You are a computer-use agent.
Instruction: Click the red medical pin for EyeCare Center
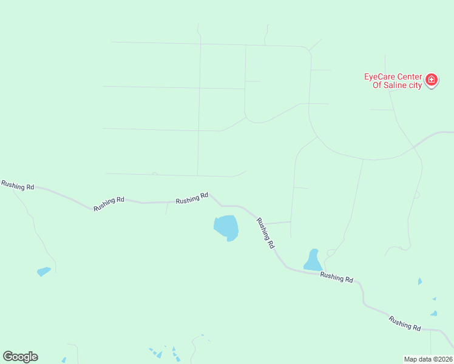pyautogui.click(x=432, y=80)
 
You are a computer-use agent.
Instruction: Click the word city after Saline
pyautogui.click(x=415, y=86)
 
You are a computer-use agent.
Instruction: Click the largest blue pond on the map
pyautogui.click(x=226, y=227)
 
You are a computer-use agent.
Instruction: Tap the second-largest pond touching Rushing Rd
pyautogui.click(x=313, y=261)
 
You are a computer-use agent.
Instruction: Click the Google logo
pyautogui.click(x=20, y=357)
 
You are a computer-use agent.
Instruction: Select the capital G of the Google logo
pyautogui.click(x=8, y=357)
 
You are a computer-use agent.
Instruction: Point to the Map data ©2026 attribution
pyautogui.click(x=428, y=359)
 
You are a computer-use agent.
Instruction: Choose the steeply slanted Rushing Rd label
pyautogui.click(x=266, y=234)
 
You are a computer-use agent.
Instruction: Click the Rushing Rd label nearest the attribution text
pyautogui.click(x=405, y=323)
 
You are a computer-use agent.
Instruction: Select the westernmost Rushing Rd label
pyautogui.click(x=18, y=186)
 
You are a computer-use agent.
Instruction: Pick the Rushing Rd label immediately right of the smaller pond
pyautogui.click(x=336, y=277)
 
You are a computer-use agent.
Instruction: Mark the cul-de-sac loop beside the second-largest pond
pyautogui.click(x=331, y=252)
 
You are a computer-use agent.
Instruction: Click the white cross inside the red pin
pyautogui.click(x=432, y=79)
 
